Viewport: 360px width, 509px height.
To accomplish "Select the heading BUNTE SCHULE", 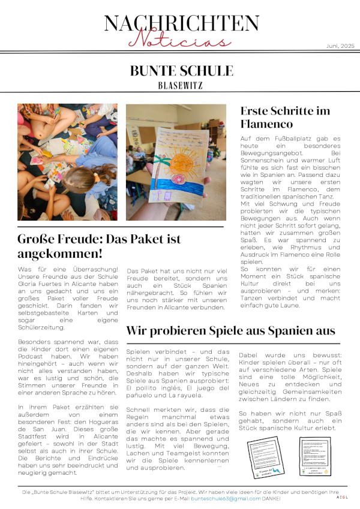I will click(181, 71).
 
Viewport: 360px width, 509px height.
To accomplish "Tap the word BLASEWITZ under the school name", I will click(181, 85).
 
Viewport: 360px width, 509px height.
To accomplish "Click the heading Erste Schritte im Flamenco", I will click(285, 118).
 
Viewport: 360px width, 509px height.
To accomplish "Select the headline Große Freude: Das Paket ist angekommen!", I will click(99, 246).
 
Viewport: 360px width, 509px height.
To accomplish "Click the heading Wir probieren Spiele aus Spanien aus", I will click(230, 330).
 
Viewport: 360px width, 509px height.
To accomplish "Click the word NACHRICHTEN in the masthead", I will click(181, 23).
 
